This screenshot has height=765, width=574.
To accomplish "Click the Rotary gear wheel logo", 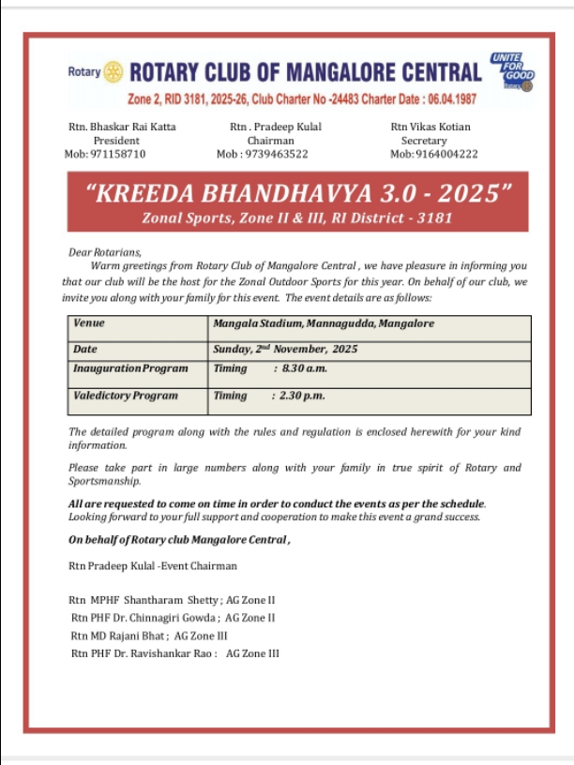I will click(113, 71).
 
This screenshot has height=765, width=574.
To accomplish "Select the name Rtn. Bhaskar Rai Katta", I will click(122, 127).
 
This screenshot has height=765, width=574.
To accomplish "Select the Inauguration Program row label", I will click(130, 369).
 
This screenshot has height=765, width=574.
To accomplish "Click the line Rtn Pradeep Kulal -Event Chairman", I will click(153, 565).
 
